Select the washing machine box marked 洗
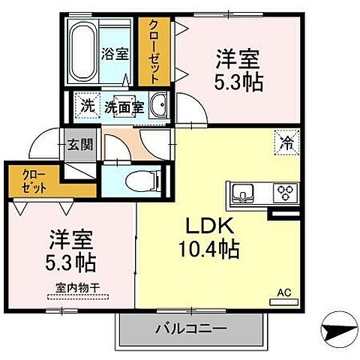coord(88,106)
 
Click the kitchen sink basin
coord(244,193)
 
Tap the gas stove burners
coord(285,192)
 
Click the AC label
coord(285,292)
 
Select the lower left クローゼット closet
coord(34,181)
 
